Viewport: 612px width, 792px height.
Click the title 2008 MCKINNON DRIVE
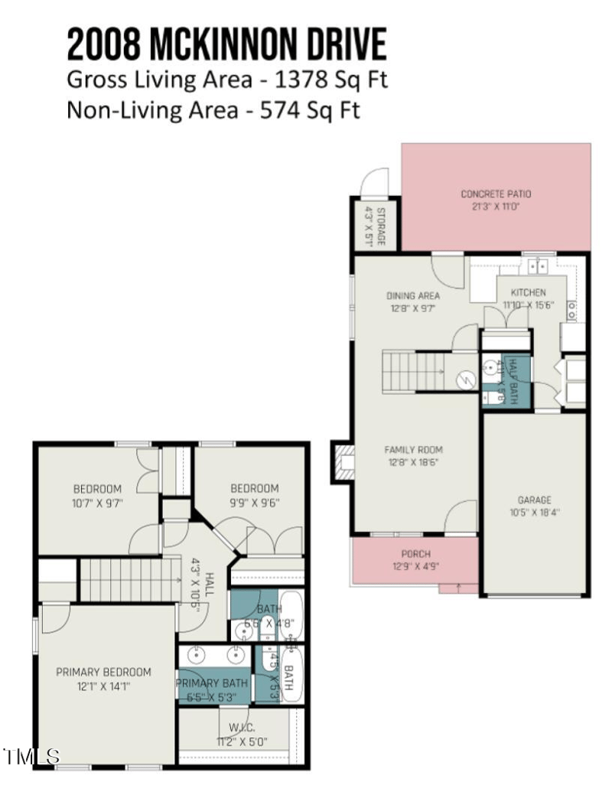226,44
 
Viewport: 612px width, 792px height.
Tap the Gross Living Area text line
227,80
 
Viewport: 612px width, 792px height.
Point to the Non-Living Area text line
213,110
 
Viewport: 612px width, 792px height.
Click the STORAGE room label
369,225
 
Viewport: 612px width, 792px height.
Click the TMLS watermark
31,757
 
